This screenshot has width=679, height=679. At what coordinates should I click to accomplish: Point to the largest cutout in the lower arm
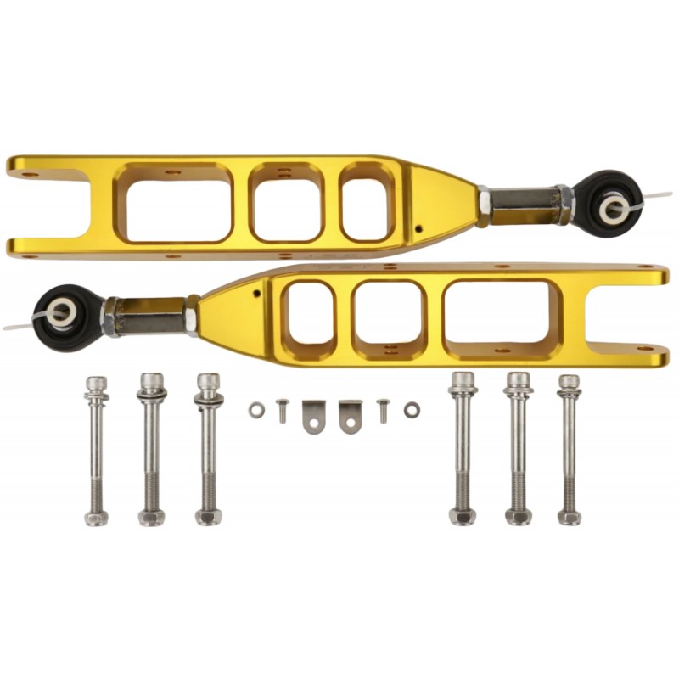point(500,313)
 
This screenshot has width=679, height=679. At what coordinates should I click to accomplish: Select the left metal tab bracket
point(313,416)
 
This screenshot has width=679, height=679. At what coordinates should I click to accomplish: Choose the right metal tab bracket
point(351,416)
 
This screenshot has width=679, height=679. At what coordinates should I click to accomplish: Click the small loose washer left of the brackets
point(256,409)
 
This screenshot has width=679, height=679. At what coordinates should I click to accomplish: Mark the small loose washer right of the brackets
point(412,410)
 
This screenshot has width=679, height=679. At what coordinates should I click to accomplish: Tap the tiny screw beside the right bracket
point(384,410)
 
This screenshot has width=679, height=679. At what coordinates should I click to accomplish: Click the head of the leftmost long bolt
point(96,384)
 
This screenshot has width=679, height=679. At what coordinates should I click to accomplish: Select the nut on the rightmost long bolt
point(569,515)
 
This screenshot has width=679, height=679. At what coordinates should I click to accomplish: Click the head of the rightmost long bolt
point(569,383)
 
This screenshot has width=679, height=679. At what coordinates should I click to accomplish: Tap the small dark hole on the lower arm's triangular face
point(255,295)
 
